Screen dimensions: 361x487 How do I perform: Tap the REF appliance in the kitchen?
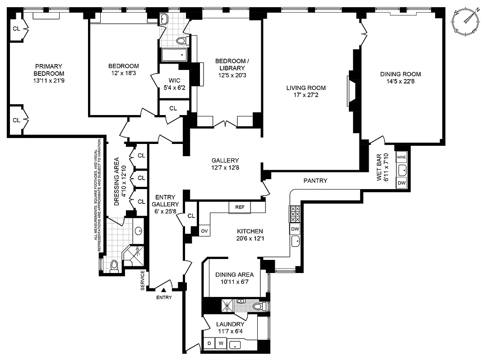pos(239,207)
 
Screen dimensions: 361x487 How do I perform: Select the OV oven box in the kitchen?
pos(204,230)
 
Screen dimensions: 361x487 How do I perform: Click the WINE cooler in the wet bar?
pos(401,157)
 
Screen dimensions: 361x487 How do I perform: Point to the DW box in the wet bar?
pos(401,183)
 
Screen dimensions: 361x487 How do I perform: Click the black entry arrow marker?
pos(164,291)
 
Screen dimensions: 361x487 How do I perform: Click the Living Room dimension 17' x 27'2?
pos(306,95)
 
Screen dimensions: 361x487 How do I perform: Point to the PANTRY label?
pos(315,181)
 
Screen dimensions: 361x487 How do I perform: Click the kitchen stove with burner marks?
pos(294,214)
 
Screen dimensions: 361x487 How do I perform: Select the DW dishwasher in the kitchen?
pos(295,229)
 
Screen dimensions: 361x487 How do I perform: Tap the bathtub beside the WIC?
pos(174,55)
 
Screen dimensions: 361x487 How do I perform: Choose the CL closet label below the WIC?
pos(173,108)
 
